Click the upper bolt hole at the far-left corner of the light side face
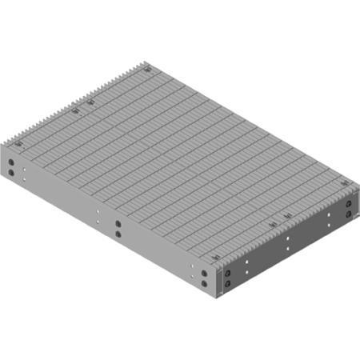[12, 162]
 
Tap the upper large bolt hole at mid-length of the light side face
[118, 225]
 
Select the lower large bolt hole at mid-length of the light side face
[118, 234]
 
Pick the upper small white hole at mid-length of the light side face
[98, 214]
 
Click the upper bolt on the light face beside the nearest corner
[206, 274]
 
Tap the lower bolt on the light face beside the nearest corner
[206, 283]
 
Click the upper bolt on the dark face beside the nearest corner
[229, 273]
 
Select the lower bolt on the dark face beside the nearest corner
[229, 282]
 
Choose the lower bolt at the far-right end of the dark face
[349, 214]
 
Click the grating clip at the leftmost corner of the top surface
[18, 144]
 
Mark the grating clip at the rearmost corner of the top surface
[149, 70]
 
